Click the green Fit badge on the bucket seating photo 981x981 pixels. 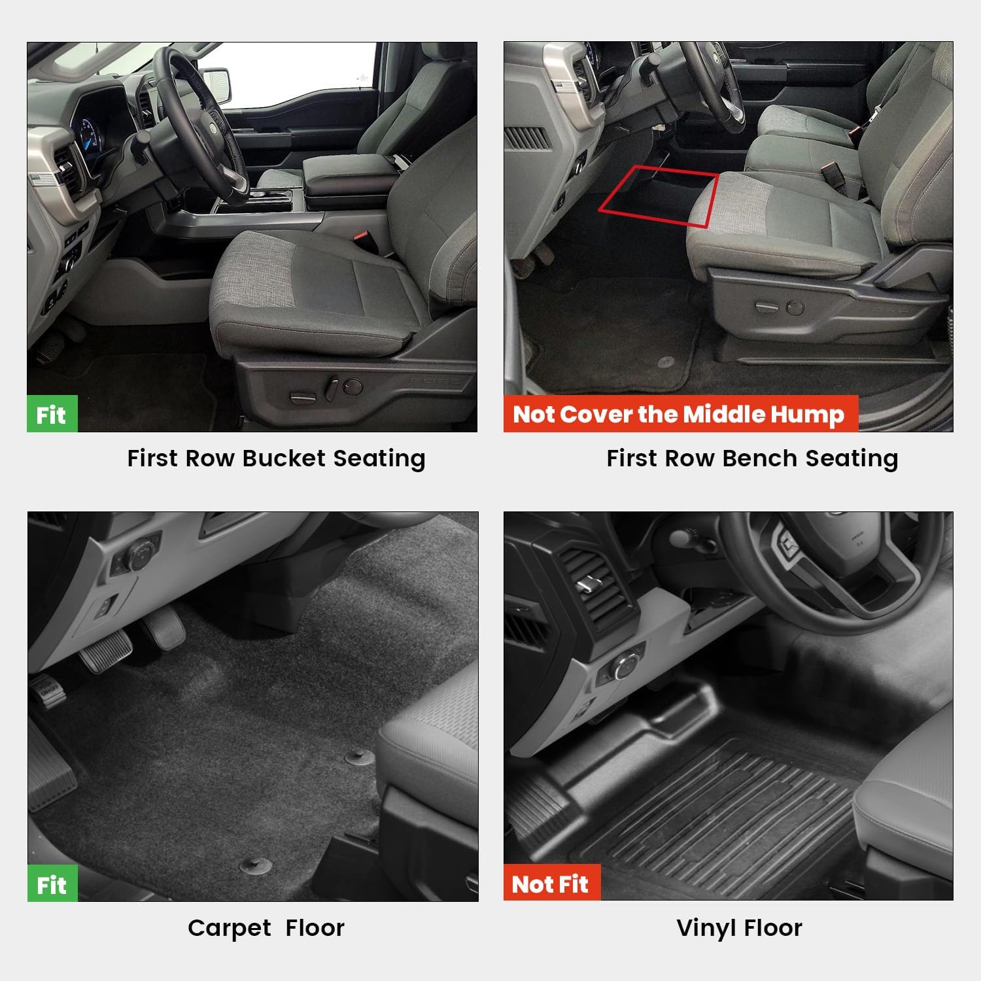[x=52, y=414]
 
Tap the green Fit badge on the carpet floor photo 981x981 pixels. [x=52, y=884]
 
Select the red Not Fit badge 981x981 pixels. [x=551, y=884]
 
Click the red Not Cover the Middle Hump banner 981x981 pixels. [x=680, y=414]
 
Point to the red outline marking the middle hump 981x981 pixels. [x=659, y=195]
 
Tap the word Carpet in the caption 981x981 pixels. [x=230, y=927]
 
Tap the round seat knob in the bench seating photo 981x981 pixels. [x=795, y=306]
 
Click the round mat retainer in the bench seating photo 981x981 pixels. [x=666, y=361]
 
